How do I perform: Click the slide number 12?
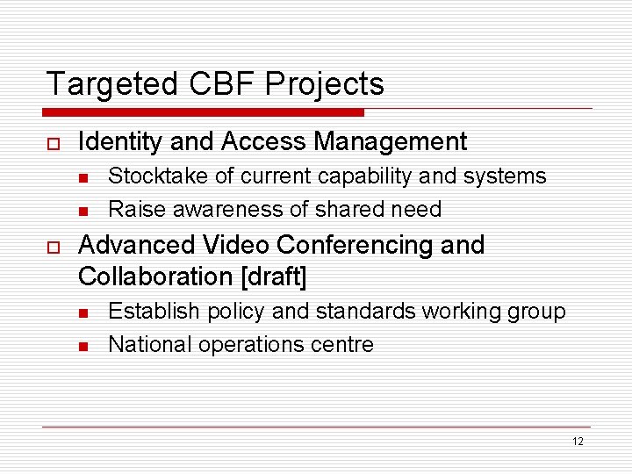tap(577, 442)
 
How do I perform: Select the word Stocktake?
tap(157, 176)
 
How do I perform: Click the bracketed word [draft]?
tap(274, 276)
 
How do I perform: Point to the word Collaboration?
tap(155, 276)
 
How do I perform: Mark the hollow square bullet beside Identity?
tap(52, 142)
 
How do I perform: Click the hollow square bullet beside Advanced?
tap(52, 246)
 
